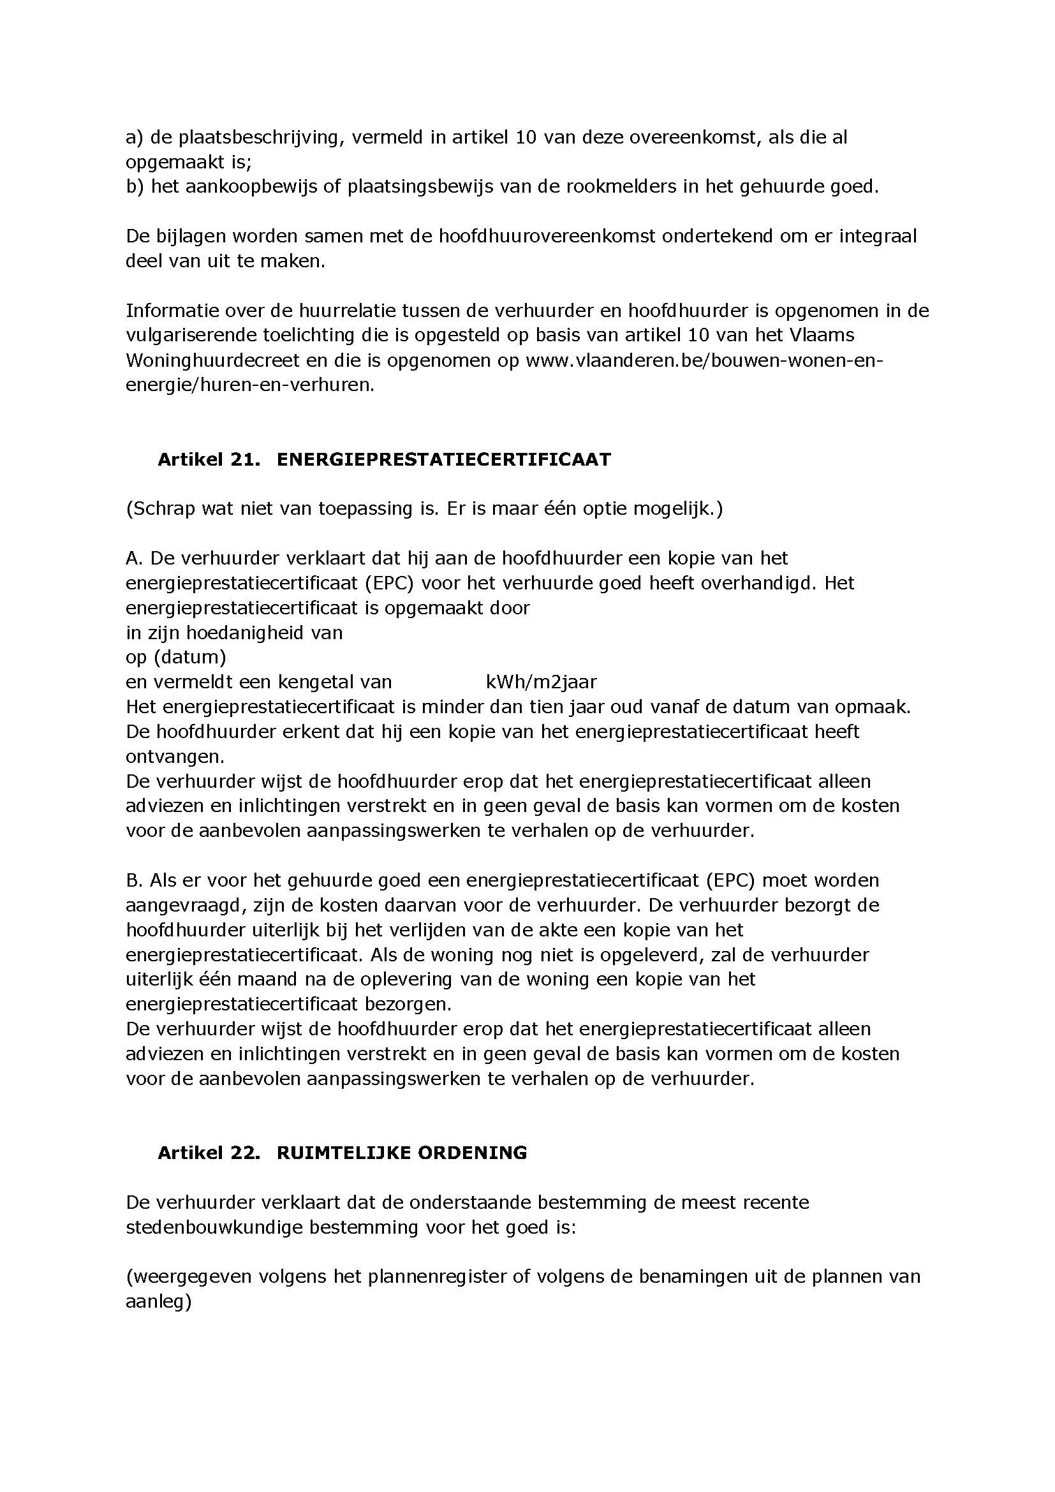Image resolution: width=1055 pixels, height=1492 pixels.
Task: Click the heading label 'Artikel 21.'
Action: pyautogui.click(x=209, y=459)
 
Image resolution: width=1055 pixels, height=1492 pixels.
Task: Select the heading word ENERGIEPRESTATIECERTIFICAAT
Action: pyautogui.click(x=444, y=459)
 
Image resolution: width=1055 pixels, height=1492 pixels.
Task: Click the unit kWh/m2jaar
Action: pyautogui.click(x=540, y=682)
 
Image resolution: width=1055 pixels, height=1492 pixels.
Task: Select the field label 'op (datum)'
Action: pyautogui.click(x=176, y=657)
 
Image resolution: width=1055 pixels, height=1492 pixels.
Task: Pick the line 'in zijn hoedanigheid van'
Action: pyautogui.click(x=234, y=632)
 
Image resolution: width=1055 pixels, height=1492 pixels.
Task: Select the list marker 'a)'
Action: pyautogui.click(x=135, y=138)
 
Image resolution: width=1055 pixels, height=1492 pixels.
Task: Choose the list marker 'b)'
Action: pyautogui.click(x=135, y=186)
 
